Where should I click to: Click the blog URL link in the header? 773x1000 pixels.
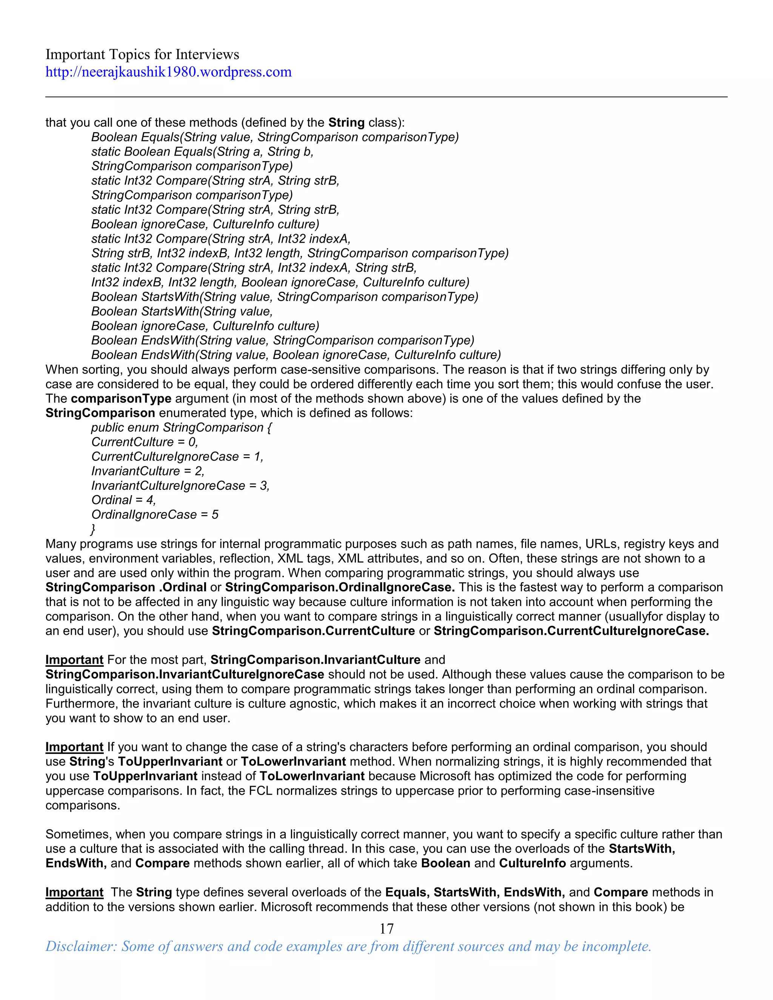168,72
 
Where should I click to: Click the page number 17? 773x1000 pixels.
386,928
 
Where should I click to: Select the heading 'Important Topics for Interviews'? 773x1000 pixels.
142,54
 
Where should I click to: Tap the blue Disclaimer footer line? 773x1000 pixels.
348,946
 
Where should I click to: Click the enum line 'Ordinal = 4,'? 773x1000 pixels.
124,500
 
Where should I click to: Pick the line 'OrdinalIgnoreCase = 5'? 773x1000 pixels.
155,515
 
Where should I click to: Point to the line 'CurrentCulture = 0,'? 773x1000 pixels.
145,442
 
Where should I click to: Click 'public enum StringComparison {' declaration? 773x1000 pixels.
181,427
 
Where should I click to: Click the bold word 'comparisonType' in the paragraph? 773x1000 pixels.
121,398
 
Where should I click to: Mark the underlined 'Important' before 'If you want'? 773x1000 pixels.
74,747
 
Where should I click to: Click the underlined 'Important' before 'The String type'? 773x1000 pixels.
74,892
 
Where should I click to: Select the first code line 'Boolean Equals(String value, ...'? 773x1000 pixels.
275,137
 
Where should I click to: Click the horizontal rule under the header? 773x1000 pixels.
386,97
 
